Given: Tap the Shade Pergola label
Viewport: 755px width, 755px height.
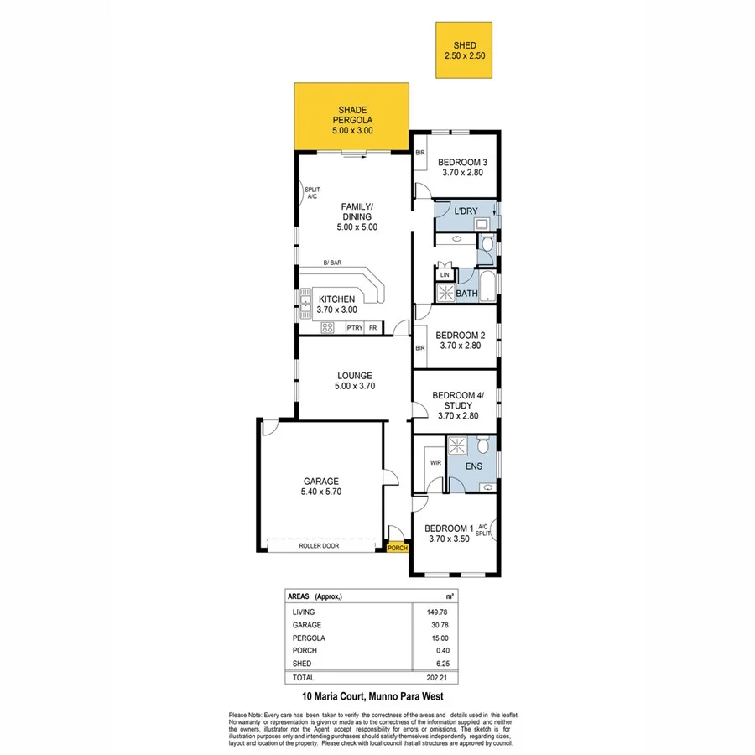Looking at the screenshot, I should pyautogui.click(x=351, y=120).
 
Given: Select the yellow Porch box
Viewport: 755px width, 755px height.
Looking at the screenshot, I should pyautogui.click(x=397, y=549).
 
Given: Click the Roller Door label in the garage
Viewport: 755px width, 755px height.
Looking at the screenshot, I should pyautogui.click(x=320, y=546).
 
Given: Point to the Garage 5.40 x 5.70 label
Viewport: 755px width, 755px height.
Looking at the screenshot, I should pyautogui.click(x=320, y=487).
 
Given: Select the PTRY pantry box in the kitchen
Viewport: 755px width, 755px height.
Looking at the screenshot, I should pyautogui.click(x=355, y=328).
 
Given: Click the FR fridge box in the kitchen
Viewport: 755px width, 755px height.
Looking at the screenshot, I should pyautogui.click(x=372, y=328).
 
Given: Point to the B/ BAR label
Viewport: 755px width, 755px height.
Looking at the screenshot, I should pyautogui.click(x=333, y=263).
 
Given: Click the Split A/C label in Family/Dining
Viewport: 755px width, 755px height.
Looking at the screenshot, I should pyautogui.click(x=311, y=193).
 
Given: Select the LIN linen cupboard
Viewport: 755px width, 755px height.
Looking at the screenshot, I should pyautogui.click(x=445, y=274).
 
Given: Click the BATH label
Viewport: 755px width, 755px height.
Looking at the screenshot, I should pyautogui.click(x=466, y=294).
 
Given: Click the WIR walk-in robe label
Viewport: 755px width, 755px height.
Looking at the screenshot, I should pyautogui.click(x=435, y=462).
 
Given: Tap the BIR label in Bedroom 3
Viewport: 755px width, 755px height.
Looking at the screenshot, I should pyautogui.click(x=421, y=153).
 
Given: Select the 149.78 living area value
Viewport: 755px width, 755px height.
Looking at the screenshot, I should pyautogui.click(x=433, y=612).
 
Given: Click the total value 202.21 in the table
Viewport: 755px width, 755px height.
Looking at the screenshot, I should pyautogui.click(x=433, y=676).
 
